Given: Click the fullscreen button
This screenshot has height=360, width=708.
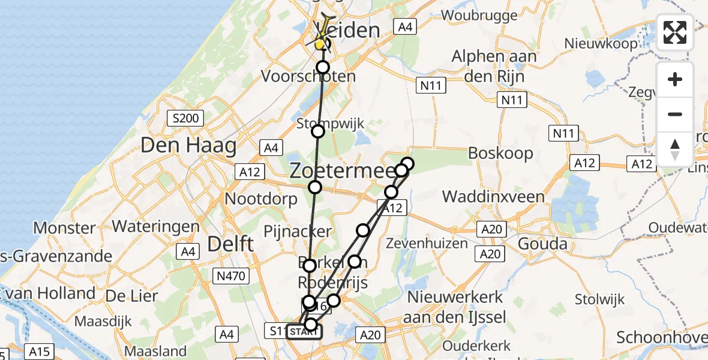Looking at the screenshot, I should (x=675, y=32).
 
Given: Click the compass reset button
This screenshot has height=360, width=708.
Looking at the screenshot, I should (x=675, y=149).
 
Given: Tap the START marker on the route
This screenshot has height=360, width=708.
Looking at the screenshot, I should (x=304, y=332).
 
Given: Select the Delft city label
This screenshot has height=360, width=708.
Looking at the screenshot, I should (x=230, y=244).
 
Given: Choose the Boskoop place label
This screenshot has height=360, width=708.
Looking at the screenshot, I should (x=500, y=153).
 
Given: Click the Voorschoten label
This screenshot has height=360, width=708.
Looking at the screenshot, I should (x=308, y=77).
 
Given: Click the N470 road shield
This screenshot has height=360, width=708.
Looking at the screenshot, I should (x=230, y=275).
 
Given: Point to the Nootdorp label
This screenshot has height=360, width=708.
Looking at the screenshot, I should (x=260, y=198).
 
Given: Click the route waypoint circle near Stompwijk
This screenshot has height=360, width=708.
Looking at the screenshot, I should (x=318, y=131).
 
